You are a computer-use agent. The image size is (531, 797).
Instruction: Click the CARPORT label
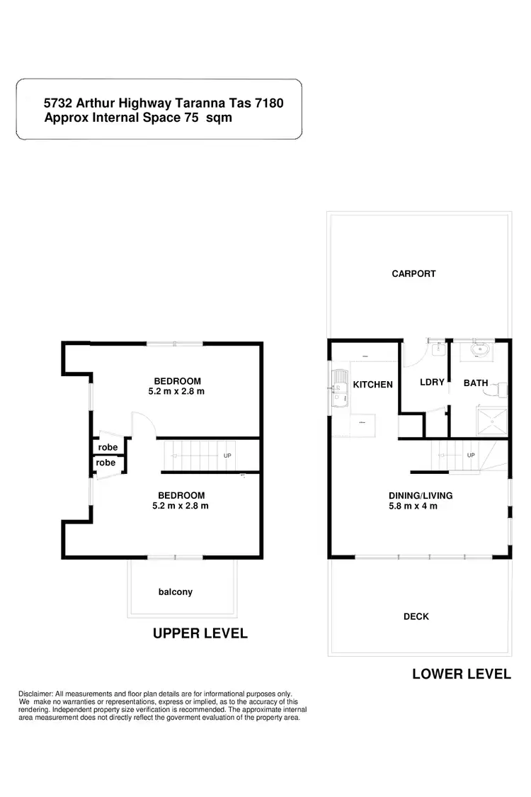point(413,273)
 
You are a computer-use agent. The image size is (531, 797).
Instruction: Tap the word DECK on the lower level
point(416,616)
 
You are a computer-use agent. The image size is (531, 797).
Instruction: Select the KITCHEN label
point(372,385)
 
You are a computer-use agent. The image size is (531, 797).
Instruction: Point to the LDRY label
point(432,383)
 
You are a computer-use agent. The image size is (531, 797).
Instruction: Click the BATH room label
point(476,383)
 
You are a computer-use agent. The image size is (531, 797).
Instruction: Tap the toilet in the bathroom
point(502,390)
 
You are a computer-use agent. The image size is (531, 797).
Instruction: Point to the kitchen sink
point(338,388)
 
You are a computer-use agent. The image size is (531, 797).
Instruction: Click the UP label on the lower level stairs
point(471,455)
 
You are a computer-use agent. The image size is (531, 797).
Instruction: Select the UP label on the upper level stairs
point(227,456)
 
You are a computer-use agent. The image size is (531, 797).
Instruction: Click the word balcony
point(176,592)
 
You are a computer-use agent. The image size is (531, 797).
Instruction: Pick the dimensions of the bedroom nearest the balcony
point(181,506)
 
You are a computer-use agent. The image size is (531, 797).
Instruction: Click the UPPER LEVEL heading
point(200,633)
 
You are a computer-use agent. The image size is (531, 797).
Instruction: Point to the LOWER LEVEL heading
point(462,674)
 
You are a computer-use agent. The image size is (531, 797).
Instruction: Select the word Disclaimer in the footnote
point(35,694)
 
